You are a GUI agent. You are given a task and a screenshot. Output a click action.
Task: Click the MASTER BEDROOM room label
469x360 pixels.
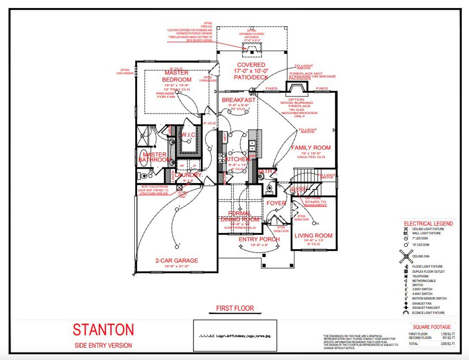[177, 76]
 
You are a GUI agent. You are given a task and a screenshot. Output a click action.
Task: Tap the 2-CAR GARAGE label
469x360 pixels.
[177, 261]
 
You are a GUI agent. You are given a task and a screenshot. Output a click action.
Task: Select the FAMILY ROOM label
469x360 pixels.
[311, 148]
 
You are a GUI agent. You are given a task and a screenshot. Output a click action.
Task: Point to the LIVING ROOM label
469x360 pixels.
[314, 236]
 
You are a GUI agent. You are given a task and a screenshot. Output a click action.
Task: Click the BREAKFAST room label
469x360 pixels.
[239, 100]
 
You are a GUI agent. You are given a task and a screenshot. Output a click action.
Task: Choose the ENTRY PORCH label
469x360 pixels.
[259, 239]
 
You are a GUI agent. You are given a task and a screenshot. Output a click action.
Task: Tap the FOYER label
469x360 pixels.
[276, 203]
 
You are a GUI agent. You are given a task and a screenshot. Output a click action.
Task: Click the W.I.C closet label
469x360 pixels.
[188, 135]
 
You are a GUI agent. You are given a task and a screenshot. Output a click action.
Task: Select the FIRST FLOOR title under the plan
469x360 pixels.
[235, 308]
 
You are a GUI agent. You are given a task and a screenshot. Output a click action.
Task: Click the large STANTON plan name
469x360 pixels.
[103, 330]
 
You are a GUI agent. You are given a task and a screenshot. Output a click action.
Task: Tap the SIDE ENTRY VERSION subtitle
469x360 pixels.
[103, 345]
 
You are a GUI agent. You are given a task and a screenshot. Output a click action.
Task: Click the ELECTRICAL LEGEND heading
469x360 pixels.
[428, 224]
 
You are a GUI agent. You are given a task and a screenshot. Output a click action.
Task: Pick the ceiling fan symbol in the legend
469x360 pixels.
[406, 256]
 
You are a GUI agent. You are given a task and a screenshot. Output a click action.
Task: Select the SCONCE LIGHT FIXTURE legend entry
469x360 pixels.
[428, 313]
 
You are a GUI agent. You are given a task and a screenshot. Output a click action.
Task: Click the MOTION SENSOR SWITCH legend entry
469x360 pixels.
[429, 298]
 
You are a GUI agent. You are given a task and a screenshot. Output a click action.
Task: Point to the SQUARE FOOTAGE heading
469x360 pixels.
[432, 327]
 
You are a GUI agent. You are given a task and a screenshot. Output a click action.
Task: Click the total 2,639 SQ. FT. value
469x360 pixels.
[448, 344]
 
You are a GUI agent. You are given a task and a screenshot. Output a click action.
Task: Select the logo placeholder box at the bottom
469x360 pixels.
[235, 335]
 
